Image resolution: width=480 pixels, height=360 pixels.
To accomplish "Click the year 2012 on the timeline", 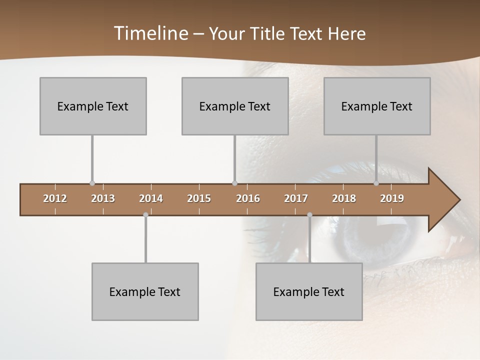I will pos(55,198).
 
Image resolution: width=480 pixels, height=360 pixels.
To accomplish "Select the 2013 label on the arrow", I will pos(103,198).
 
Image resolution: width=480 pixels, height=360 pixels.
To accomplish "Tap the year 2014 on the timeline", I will pos(151,198).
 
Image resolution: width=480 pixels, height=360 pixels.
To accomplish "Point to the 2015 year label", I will pos(199,198).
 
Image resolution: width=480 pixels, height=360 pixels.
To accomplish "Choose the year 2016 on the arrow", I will pos(248,198).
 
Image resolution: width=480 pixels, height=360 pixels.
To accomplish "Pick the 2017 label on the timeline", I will pos(296,198).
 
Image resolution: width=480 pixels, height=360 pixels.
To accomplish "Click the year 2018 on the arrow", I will pos(344,198).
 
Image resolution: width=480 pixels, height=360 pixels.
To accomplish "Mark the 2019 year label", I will pos(392,198).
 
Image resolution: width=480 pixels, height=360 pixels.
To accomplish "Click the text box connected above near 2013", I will pos(93,106).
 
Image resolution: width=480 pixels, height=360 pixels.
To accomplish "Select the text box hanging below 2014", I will pos(145,291).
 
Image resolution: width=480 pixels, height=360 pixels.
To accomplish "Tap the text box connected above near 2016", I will pos(235,106).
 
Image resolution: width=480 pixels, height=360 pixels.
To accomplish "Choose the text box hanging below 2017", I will pos(309,291).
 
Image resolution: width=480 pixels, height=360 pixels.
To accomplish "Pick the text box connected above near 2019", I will pos(377,106).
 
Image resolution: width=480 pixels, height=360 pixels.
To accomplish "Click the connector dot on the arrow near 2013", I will pos(92,183).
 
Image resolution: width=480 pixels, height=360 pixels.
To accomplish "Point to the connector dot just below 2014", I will pos(145,214).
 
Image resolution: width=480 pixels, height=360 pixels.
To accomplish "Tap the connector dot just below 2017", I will pos(309,214).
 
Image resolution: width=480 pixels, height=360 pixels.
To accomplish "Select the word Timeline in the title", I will pos(150,33).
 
